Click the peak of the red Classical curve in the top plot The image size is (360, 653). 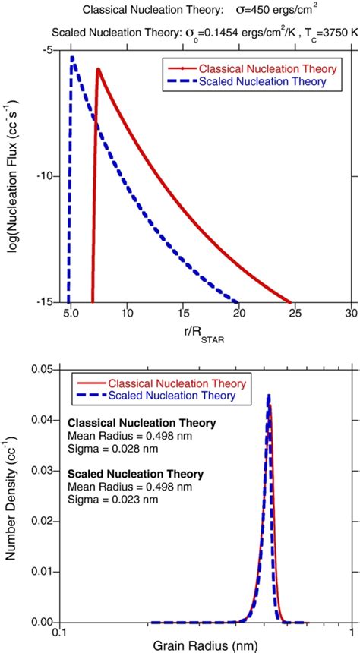click(98, 70)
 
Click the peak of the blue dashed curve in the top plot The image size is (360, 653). click(72, 58)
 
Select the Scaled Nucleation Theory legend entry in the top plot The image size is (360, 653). click(254, 80)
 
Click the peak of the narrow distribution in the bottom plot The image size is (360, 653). click(268, 396)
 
